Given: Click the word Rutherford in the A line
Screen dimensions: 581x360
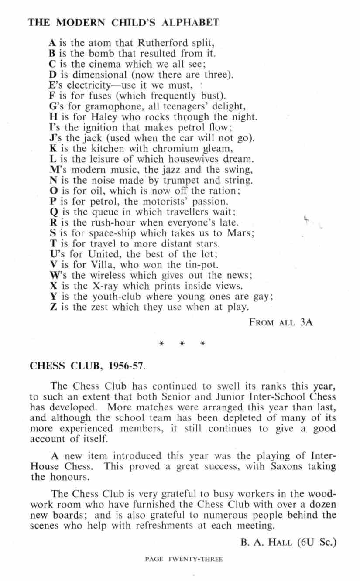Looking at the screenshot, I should [x=160, y=43].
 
